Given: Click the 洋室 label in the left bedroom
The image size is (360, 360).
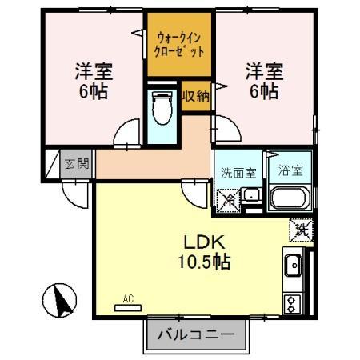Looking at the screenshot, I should [94, 70].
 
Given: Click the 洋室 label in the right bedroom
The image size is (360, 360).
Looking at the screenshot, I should [263, 70].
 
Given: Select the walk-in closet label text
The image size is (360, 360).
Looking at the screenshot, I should [179, 42].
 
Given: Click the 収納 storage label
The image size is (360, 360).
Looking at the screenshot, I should [195, 97].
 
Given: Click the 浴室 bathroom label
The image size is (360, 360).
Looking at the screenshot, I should [289, 170].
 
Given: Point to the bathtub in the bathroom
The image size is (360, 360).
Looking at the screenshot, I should [290, 198].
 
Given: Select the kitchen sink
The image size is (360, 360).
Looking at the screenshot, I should [294, 263].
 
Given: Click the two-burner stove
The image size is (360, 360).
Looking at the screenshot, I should [294, 303].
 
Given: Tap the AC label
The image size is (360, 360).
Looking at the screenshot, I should [127, 301].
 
